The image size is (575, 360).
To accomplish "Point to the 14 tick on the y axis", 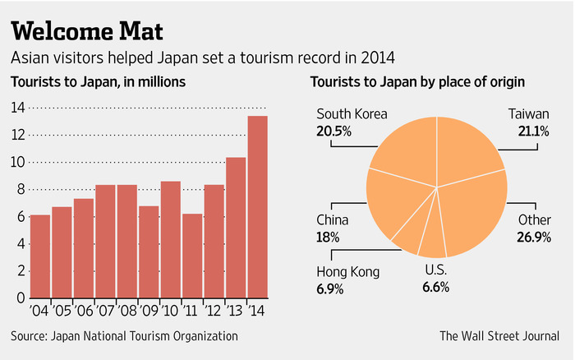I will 16,107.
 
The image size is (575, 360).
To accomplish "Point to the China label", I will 333,220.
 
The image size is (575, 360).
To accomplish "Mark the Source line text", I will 124,335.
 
